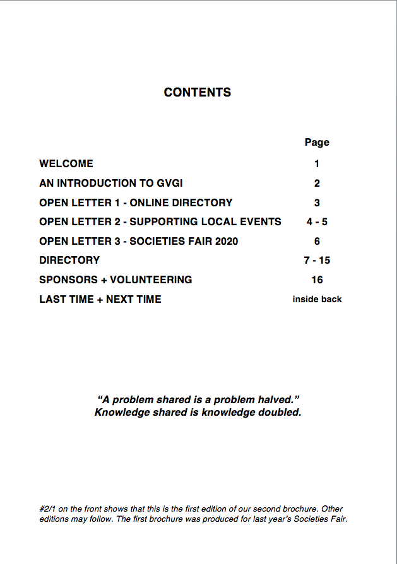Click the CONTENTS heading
(198, 92)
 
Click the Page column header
(317, 142)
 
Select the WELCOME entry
(66, 163)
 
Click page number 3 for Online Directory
(317, 203)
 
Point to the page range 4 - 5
(317, 221)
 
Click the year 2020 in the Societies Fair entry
(225, 241)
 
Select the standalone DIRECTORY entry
(69, 260)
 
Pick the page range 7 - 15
(317, 260)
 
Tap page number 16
(317, 279)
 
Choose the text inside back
(317, 299)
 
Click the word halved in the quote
(275, 400)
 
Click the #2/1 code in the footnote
(48, 508)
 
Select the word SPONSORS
(70, 279)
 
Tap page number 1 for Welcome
(317, 163)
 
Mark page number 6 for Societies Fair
(317, 241)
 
